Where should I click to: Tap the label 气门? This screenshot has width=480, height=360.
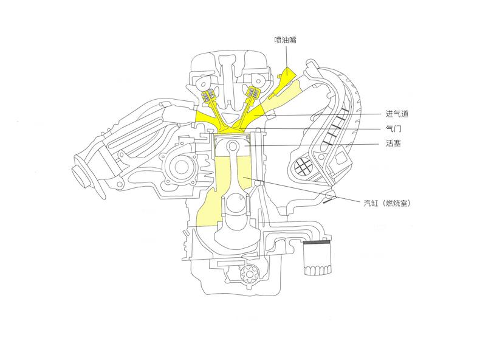tap(393, 129)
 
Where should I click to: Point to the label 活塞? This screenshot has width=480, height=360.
tap(393, 144)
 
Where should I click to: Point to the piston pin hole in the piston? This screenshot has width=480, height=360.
tap(233, 147)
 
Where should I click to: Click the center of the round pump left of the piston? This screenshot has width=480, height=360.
tap(182, 166)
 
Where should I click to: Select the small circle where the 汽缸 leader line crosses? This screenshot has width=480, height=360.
tap(258, 183)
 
